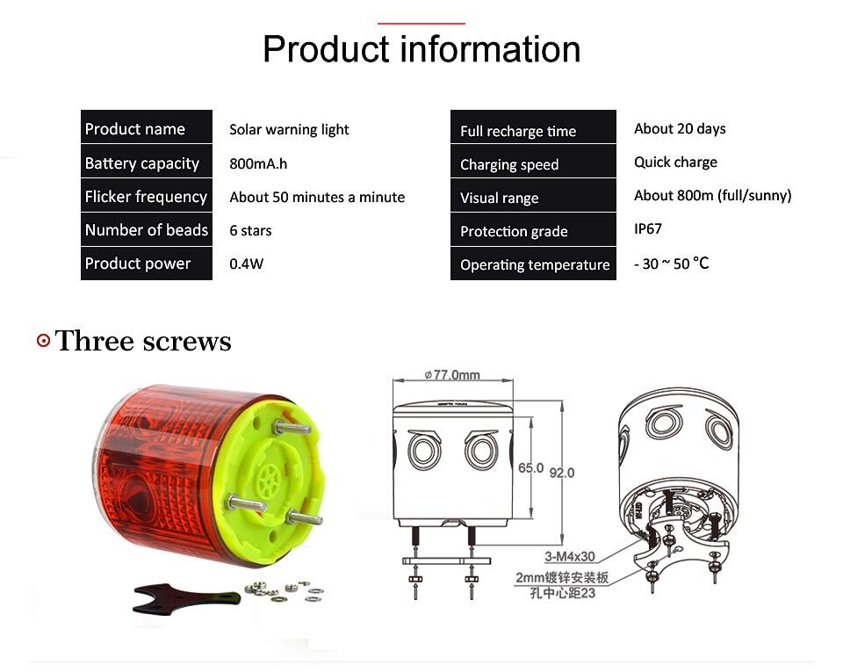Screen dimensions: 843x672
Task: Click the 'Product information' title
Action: click(x=421, y=49)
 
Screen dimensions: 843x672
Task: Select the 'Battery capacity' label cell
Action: click(x=147, y=163)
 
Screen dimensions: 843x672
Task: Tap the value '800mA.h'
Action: click(x=258, y=163)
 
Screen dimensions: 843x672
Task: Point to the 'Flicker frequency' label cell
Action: click(x=147, y=196)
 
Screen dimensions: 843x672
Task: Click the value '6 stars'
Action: click(x=250, y=231)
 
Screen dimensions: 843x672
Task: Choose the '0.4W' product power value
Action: click(x=246, y=264)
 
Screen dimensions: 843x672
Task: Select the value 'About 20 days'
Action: click(x=680, y=129)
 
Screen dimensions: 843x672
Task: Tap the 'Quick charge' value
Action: click(x=675, y=163)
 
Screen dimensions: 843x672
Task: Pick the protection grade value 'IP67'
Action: click(x=648, y=229)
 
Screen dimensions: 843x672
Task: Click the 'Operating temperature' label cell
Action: click(x=533, y=264)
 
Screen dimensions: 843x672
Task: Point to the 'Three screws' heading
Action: click(x=143, y=341)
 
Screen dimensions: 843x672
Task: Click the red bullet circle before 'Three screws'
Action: click(x=44, y=340)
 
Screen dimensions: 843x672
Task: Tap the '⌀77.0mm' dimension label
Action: click(x=452, y=374)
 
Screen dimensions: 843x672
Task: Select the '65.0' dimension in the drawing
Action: click(x=530, y=468)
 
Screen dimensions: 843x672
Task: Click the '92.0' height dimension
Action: click(x=562, y=473)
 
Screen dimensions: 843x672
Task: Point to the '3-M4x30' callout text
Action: click(x=569, y=556)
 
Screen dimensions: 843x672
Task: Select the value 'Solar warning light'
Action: click(x=289, y=129)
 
